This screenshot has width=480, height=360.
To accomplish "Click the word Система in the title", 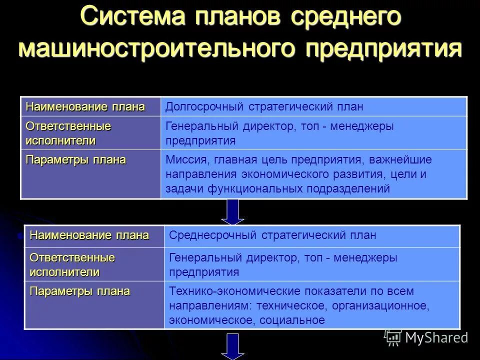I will [134, 18].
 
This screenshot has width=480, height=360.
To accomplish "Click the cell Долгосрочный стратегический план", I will [264, 107].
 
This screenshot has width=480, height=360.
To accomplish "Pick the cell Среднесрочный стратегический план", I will [272, 235].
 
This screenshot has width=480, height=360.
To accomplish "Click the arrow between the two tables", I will [232, 212].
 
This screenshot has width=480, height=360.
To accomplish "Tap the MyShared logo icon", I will [393, 338].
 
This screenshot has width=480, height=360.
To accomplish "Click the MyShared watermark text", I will [436, 338].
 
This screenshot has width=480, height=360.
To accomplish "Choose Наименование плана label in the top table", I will [85, 106].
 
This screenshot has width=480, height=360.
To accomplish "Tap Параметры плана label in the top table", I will [76, 160].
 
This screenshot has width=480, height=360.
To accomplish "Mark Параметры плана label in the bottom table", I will [80, 291].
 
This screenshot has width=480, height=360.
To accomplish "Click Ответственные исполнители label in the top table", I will [68, 133].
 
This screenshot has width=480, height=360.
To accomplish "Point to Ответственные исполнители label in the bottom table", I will [72, 265].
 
